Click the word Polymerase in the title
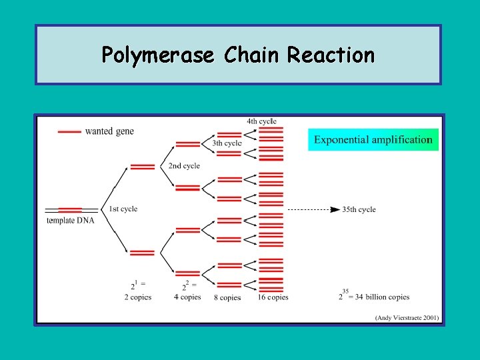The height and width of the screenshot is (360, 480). coord(158,55)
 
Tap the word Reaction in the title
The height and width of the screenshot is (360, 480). coord(331,55)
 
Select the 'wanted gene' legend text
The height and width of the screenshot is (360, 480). coord(109,131)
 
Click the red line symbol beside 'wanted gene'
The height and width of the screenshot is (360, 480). coord(70,132)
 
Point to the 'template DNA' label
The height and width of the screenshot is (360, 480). coord(70,221)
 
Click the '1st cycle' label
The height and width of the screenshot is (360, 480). coord(123,209)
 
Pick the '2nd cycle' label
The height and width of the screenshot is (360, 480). coord(184,165)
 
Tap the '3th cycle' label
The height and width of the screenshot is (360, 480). coord(227,143)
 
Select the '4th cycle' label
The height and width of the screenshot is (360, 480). coord(261,121)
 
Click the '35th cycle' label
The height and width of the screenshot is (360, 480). coord(359,209)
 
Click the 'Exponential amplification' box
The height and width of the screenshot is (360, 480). coord(373,139)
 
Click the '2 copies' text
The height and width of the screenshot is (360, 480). coord(137,297)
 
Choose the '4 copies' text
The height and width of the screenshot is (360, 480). coord(187,297)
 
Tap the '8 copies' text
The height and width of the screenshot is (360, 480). coord(227,297)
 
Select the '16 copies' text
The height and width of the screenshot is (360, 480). coord(273,297)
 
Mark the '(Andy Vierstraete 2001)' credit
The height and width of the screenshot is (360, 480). coord(407,317)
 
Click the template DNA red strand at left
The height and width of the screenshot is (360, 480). coord(70,209)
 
